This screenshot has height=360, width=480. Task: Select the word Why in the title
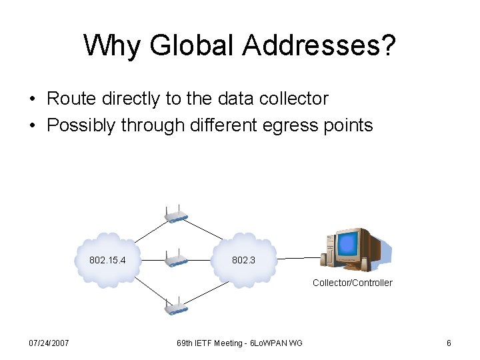tap(113, 45)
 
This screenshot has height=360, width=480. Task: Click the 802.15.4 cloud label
tap(107, 260)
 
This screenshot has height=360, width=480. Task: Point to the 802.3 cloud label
tap(243, 260)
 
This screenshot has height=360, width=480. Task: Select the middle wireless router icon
tap(176, 260)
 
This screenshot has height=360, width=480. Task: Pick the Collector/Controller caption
tap(353, 283)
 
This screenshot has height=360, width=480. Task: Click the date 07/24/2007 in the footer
tap(49, 343)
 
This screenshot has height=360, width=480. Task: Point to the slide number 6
tap(449, 343)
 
